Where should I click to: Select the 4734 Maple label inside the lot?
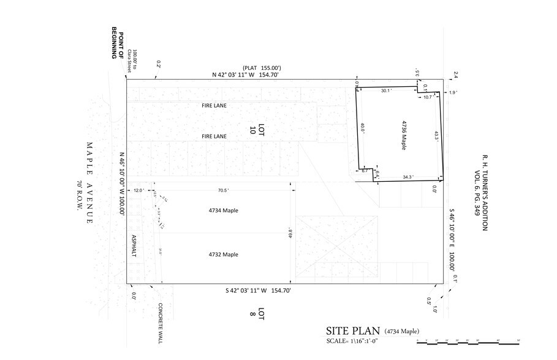click(223, 211)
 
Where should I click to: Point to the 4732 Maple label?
click(223, 254)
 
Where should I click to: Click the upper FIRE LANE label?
click(214, 105)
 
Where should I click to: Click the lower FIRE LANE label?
click(214, 135)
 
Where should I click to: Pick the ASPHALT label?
click(132, 246)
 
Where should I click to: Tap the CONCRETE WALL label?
click(160, 323)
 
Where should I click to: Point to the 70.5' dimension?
click(223, 190)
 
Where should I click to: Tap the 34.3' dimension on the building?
click(407, 178)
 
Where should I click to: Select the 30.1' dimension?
click(385, 91)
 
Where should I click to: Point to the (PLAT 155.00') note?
click(261, 67)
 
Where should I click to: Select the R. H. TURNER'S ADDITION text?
click(484, 192)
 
